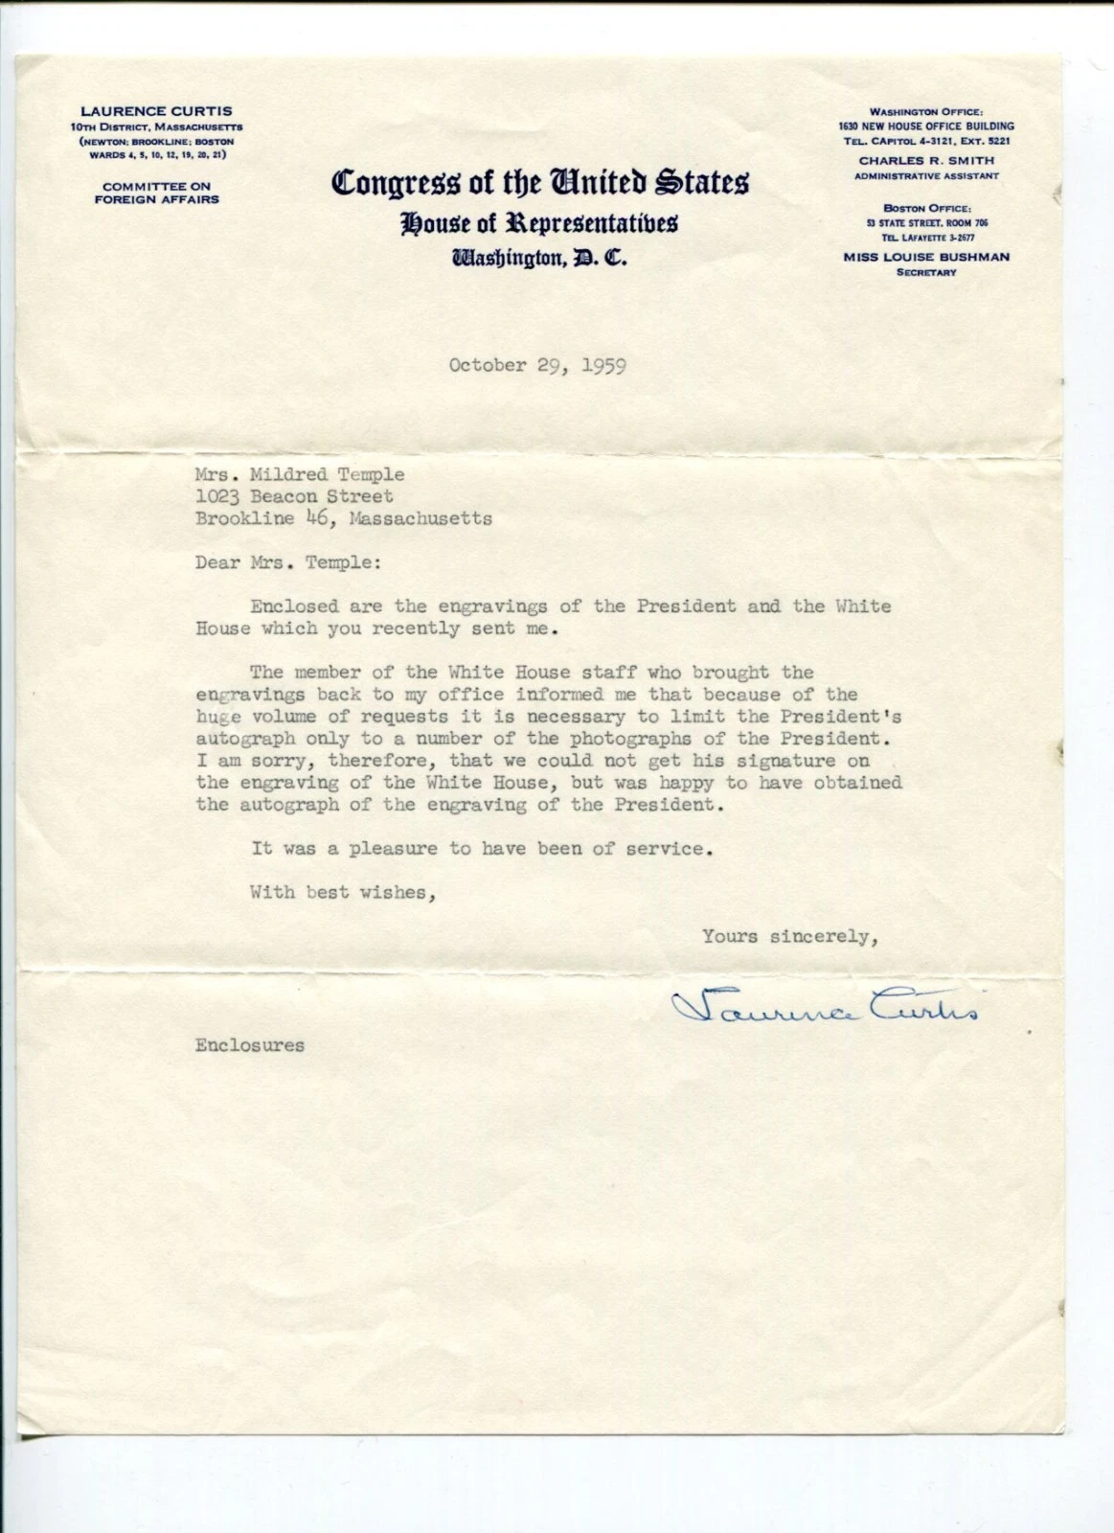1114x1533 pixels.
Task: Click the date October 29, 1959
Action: coord(537,365)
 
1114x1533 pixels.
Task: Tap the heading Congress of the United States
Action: coord(540,182)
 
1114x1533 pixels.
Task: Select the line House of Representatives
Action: coord(539,223)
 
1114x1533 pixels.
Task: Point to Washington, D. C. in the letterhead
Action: coord(539,258)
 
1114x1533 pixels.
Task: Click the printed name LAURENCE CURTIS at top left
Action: coord(156,111)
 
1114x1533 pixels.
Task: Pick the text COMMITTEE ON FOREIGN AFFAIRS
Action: coord(156,193)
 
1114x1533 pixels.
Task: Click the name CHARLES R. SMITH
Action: coord(926,160)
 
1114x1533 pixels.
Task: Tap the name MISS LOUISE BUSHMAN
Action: coord(926,257)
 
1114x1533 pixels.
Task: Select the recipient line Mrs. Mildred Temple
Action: coord(300,474)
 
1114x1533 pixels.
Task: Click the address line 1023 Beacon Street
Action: coord(294,496)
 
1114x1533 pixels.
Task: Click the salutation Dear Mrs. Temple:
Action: coord(287,562)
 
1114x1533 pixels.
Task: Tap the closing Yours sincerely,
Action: coord(790,936)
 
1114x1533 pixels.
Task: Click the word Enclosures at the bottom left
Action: coord(250,1045)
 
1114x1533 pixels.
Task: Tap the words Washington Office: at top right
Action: coord(926,112)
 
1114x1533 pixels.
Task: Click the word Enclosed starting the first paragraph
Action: coord(294,606)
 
